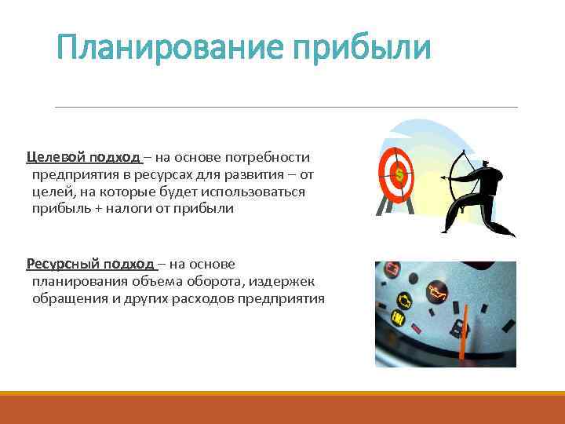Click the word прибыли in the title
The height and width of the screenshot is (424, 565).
[362, 49]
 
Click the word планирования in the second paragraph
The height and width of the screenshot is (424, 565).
[77, 282]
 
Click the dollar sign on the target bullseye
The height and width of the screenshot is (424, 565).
[399, 173]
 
